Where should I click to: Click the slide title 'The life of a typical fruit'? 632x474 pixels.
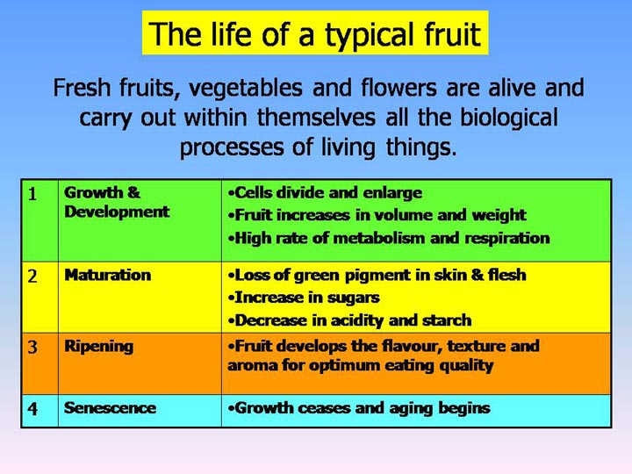coord(315,34)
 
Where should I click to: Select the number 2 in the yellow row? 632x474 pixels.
coord(32,276)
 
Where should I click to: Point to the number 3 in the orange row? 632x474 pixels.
coord(32,348)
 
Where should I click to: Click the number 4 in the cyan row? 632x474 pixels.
coord(32,409)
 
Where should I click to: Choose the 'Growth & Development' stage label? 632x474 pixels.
coord(117,202)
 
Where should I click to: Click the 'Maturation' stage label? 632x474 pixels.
coord(107,275)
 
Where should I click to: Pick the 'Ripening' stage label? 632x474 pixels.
coord(99,346)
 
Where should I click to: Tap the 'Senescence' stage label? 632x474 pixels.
coord(110,408)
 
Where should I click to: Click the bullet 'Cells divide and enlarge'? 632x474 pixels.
coord(324,192)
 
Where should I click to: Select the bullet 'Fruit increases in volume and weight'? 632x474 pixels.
coord(376,215)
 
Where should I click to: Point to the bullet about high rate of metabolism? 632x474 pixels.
coord(387,238)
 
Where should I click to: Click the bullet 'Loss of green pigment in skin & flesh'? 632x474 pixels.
coord(376,275)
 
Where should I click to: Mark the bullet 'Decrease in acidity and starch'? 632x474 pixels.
coord(348,320)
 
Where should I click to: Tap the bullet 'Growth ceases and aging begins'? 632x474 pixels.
coord(358,408)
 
